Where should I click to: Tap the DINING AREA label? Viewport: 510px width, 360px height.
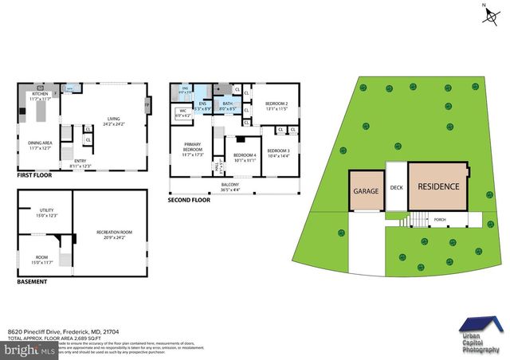(x=40, y=145)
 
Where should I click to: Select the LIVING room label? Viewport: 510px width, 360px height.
(x=113, y=120)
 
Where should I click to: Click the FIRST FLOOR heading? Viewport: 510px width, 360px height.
(x=35, y=174)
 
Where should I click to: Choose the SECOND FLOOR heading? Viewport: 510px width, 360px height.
(x=190, y=200)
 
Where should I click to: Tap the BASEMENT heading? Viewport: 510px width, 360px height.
(x=32, y=281)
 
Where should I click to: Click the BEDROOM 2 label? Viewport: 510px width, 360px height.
(x=277, y=104)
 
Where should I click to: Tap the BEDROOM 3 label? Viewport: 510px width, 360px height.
(x=278, y=151)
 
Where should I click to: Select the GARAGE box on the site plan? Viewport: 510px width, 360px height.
(x=366, y=191)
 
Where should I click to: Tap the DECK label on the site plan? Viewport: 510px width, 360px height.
(x=397, y=189)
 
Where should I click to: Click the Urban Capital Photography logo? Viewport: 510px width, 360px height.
(x=481, y=335)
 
